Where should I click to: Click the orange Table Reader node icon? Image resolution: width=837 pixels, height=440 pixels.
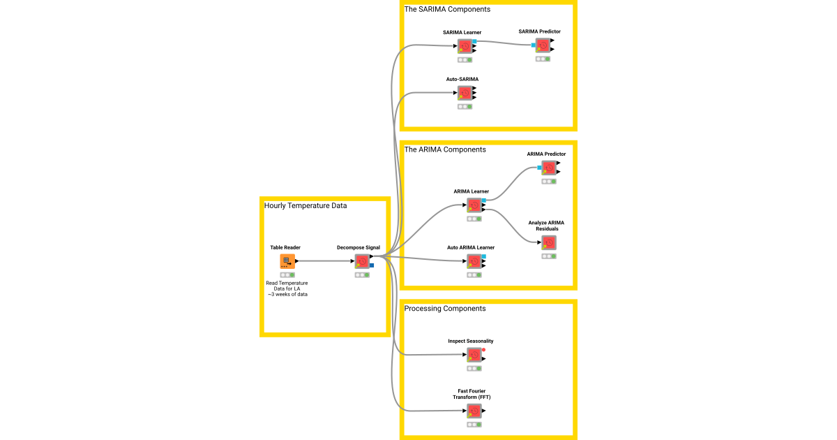(x=287, y=261)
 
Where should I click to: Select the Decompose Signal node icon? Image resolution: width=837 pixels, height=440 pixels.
(x=362, y=261)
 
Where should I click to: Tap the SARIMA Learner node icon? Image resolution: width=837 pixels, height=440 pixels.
(x=465, y=46)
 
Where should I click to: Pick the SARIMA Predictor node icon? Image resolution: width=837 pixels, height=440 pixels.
(x=543, y=45)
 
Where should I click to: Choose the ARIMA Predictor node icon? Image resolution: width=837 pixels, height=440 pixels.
(x=549, y=168)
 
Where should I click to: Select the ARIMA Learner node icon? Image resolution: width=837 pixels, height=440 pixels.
(x=475, y=205)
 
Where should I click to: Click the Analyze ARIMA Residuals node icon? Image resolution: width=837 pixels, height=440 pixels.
(x=549, y=242)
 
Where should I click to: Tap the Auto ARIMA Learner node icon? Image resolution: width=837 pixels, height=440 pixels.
(x=475, y=261)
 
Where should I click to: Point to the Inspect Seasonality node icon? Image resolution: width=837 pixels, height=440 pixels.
(x=474, y=355)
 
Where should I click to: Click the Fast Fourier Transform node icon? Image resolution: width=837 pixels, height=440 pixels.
(x=474, y=411)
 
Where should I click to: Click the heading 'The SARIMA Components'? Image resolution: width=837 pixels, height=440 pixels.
(x=447, y=9)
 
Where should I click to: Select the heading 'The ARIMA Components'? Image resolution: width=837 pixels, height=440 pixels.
(x=445, y=149)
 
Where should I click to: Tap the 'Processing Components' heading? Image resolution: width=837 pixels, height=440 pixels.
(x=445, y=308)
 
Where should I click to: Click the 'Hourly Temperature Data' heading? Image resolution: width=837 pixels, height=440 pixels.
(x=306, y=205)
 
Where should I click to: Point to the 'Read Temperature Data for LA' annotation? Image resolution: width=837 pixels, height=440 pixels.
(x=287, y=288)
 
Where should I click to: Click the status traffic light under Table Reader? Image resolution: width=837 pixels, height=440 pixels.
(x=287, y=274)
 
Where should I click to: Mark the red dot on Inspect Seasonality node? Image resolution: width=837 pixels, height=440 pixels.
(x=483, y=349)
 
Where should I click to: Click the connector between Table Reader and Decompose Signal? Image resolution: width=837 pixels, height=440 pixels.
(x=326, y=261)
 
